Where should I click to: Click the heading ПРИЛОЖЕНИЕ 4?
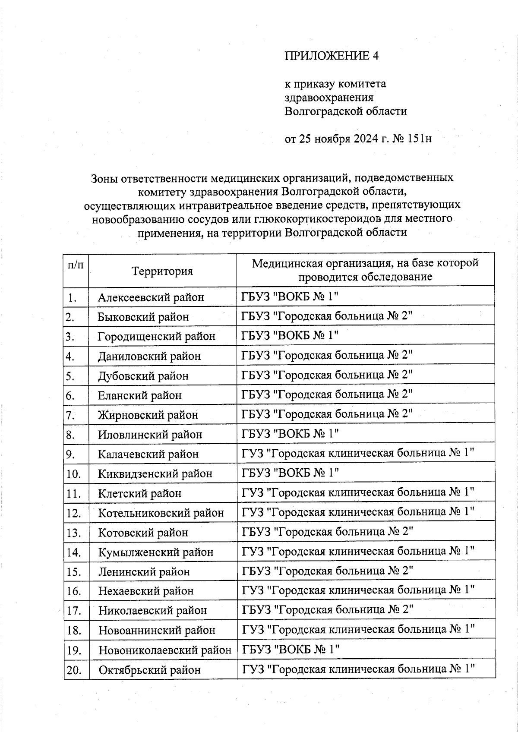click(x=331, y=56)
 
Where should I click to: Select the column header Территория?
click(x=162, y=271)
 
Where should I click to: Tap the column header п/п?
click(x=76, y=264)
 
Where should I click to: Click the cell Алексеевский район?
click(x=151, y=297)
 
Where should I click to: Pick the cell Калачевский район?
click(x=148, y=454)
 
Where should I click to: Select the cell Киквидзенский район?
click(x=155, y=474)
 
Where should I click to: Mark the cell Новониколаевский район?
click(x=164, y=650)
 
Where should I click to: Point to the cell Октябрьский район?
click(x=149, y=670)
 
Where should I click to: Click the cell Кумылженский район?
click(x=155, y=552)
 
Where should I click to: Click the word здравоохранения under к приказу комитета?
click(x=328, y=98)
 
